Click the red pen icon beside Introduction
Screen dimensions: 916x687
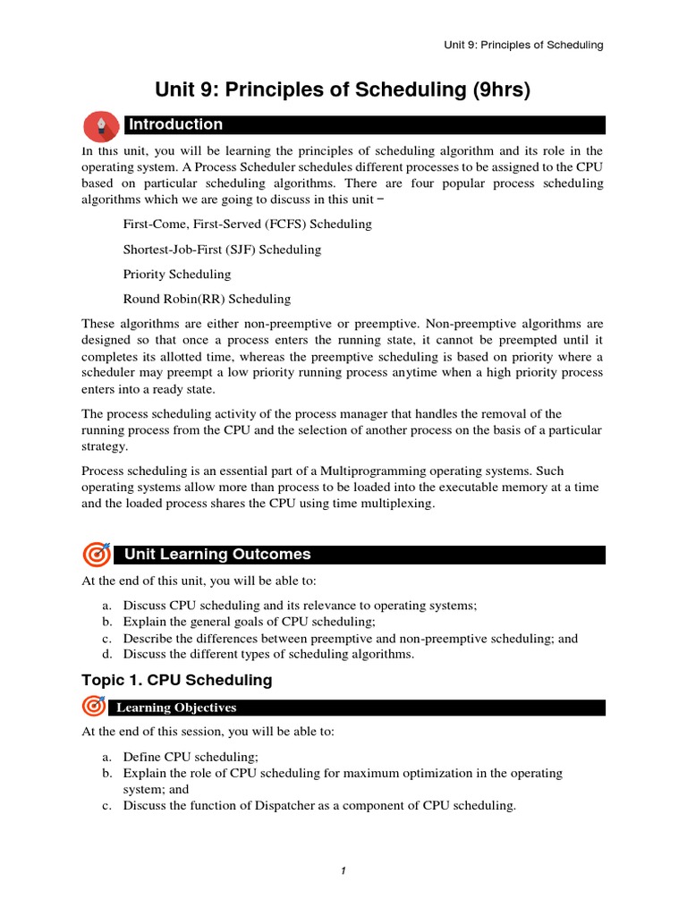pyautogui.click(x=100, y=124)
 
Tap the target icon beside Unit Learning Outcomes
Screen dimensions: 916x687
pyautogui.click(x=96, y=555)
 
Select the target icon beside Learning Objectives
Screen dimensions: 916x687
pyautogui.click(x=94, y=707)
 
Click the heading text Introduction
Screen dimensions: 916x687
pyautogui.click(x=175, y=124)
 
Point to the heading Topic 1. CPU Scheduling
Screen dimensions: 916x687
pyautogui.click(x=176, y=680)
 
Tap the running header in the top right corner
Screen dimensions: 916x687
pyautogui.click(x=523, y=45)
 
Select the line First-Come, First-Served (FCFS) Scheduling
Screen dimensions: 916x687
pyautogui.click(x=247, y=224)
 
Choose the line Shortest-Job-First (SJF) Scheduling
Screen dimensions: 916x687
pyautogui.click(x=222, y=249)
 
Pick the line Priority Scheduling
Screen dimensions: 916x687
pyautogui.click(x=176, y=274)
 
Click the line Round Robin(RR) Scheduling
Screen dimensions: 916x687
pyautogui.click(x=207, y=299)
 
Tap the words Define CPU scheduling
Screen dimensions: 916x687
pyautogui.click(x=190, y=757)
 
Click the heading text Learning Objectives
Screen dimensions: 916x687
pyautogui.click(x=175, y=708)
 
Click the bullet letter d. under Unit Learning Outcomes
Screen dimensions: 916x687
pyautogui.click(x=106, y=654)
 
